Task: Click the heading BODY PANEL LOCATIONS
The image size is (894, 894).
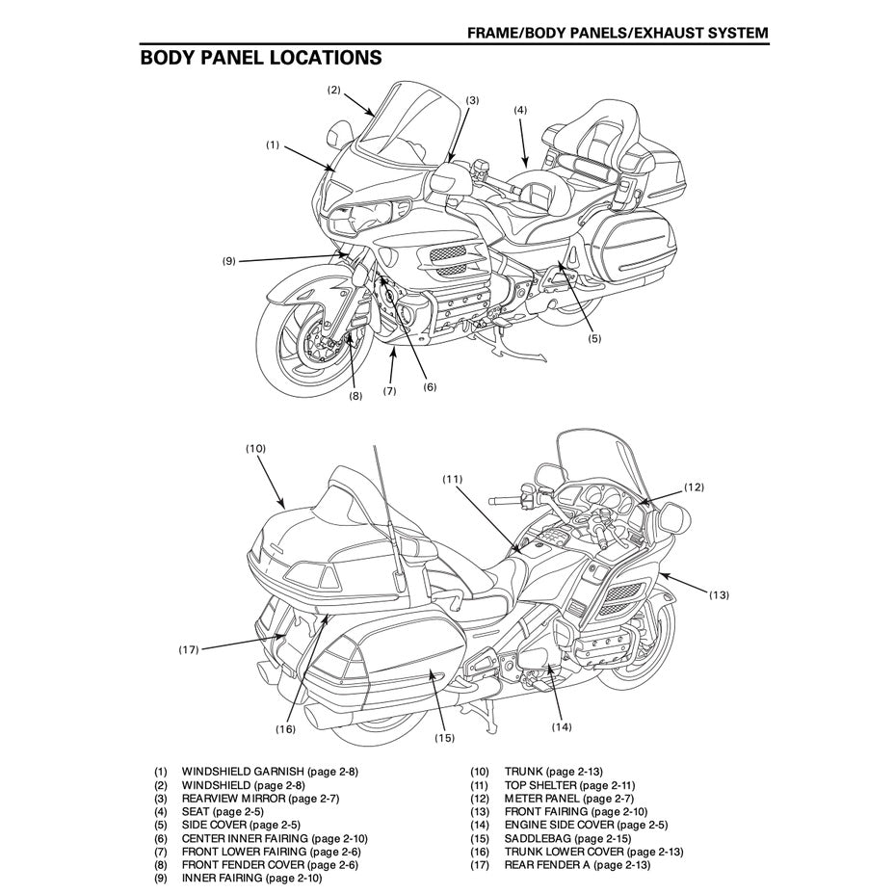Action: tap(260, 58)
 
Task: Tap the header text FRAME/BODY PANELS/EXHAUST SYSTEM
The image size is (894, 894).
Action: tap(618, 33)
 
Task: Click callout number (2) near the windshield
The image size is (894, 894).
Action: tap(333, 90)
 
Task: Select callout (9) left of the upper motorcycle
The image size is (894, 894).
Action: tap(228, 260)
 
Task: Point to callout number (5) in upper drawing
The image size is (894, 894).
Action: tap(593, 338)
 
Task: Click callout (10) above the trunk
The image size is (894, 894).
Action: tap(255, 448)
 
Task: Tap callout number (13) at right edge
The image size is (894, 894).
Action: tap(719, 594)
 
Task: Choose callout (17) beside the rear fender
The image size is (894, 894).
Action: tap(189, 649)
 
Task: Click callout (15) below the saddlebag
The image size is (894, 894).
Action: tap(443, 738)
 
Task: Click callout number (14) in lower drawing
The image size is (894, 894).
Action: tap(562, 726)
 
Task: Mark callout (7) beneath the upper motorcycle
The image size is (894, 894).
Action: tap(389, 391)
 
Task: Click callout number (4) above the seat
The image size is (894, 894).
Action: tap(520, 110)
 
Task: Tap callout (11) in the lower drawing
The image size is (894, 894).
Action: tap(453, 478)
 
